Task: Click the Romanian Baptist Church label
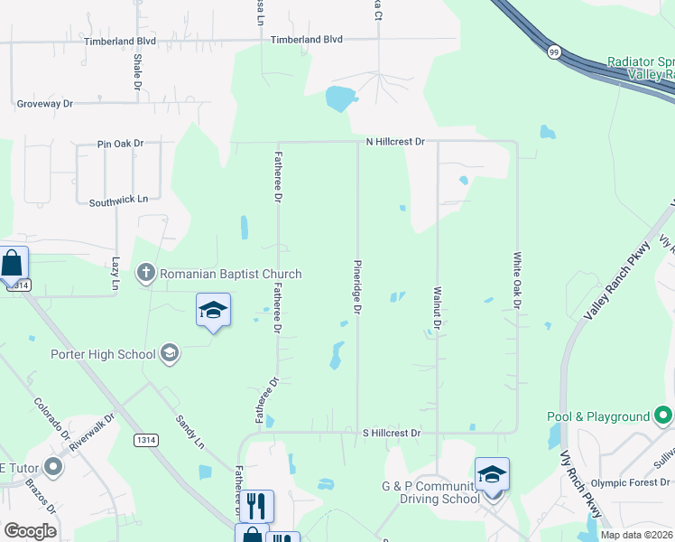[231, 274]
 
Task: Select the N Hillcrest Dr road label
[394, 142]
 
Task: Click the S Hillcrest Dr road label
[392, 434]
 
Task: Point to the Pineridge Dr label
[357, 288]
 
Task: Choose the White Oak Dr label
[518, 280]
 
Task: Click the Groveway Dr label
[44, 104]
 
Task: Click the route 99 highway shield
[553, 53]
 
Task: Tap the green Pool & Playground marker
[664, 416]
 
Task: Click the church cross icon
[146, 273]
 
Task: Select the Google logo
[30, 530]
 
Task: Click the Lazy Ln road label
[116, 275]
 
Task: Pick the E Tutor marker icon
[53, 467]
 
